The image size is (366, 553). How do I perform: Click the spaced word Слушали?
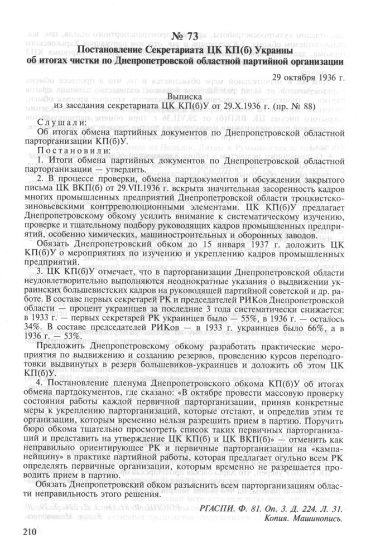(62, 122)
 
